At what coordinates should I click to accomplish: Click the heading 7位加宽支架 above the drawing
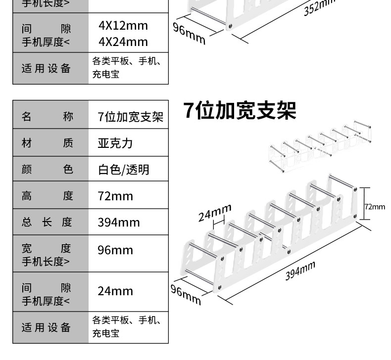pyautogui.click(x=240, y=111)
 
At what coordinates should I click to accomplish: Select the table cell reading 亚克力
pyautogui.click(x=115, y=143)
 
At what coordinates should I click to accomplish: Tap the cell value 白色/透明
pyautogui.click(x=123, y=170)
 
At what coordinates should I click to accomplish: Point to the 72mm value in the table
pyautogui.click(x=115, y=196)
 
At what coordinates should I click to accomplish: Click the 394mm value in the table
pyautogui.click(x=118, y=222)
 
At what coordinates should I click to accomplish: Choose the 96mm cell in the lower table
pyautogui.click(x=115, y=250)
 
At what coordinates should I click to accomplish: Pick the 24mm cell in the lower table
pyautogui.click(x=115, y=291)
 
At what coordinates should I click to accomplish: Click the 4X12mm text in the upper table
pyautogui.click(x=123, y=26)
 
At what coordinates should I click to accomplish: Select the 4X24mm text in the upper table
pyautogui.click(x=123, y=42)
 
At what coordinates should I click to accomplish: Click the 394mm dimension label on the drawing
pyautogui.click(x=300, y=271)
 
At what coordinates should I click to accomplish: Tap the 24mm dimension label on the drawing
pyautogui.click(x=215, y=213)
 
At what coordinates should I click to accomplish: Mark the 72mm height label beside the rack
pyautogui.click(x=374, y=207)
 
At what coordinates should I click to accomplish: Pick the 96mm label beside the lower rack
pyautogui.click(x=186, y=295)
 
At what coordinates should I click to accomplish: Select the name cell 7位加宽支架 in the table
pyautogui.click(x=131, y=117)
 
